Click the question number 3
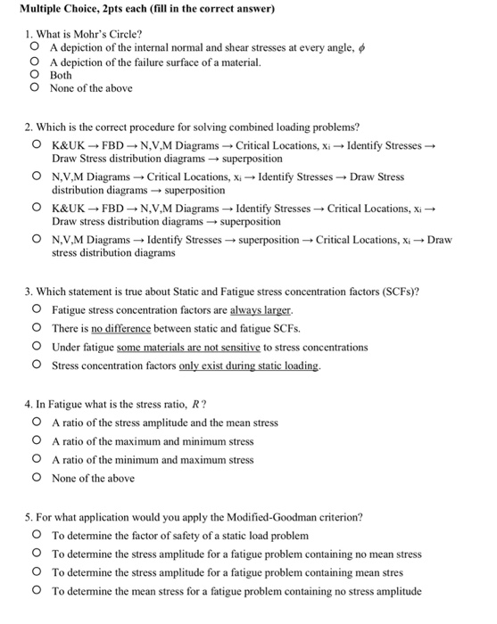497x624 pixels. point(29,291)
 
